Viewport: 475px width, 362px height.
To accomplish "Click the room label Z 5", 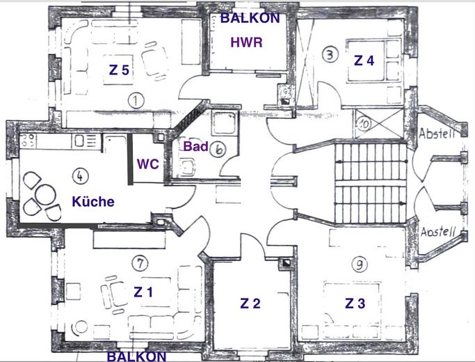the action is [119, 70].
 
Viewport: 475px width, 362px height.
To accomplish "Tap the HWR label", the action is [247, 42].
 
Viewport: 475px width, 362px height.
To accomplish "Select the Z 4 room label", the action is [364, 61].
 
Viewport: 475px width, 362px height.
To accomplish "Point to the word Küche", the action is [93, 201].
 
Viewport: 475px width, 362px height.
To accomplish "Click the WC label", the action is [148, 164].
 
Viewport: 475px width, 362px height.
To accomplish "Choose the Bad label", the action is [195, 146].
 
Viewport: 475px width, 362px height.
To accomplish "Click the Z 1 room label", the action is [143, 292].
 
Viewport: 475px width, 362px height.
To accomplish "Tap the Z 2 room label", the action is [250, 304].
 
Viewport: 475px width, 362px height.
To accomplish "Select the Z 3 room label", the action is [355, 304].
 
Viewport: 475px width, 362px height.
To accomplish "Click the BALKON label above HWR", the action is [250, 18].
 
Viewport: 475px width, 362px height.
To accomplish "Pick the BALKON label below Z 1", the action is [136, 356].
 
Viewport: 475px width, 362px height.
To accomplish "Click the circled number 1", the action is [136, 101].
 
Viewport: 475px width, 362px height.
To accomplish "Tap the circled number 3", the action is [330, 55].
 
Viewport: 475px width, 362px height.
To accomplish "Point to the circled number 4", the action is [80, 176].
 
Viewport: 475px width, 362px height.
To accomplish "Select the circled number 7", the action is [140, 263].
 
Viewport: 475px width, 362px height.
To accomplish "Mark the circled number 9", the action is [360, 265].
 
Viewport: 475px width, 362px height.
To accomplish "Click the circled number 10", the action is [363, 124].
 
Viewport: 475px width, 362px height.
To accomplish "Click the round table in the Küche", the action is [45, 195].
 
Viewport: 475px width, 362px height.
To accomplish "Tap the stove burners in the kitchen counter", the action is [28, 141].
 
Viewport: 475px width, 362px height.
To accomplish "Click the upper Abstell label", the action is [437, 134].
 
